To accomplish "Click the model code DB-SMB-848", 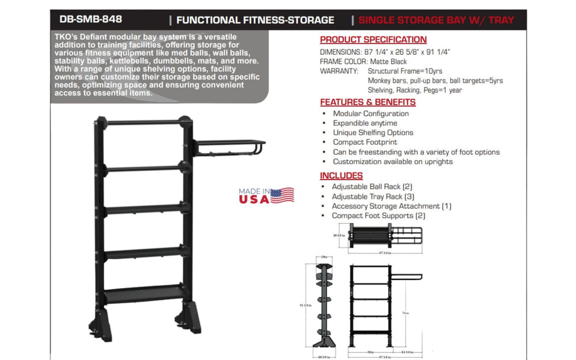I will [x=90, y=20].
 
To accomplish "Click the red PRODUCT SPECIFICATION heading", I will [x=373, y=40].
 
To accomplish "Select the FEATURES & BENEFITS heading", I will [x=367, y=102].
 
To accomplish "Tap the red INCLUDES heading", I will [x=341, y=175].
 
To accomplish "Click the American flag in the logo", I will [x=282, y=195].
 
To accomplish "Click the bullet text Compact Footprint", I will [x=365, y=142].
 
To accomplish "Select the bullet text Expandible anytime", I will [x=365, y=123].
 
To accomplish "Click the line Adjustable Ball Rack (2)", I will [x=372, y=187].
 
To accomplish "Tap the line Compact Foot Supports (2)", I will [x=378, y=215].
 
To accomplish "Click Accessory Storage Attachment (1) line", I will [x=391, y=206].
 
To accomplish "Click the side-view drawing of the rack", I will [x=326, y=305].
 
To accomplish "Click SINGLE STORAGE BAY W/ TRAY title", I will [x=436, y=20].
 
